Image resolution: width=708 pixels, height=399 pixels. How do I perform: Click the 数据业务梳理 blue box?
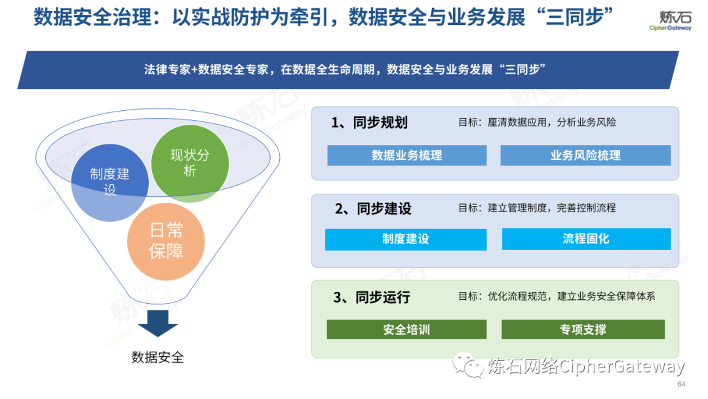point(407,156)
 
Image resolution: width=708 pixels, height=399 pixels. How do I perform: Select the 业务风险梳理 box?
point(585,156)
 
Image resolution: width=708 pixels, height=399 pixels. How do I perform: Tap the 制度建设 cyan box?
point(406,239)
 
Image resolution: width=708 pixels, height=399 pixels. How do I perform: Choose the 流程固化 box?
point(586,239)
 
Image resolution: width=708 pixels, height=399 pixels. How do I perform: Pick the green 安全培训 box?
point(406,329)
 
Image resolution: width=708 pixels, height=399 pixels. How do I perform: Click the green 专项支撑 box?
point(583,329)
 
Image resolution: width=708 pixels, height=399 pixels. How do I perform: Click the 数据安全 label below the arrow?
point(157,358)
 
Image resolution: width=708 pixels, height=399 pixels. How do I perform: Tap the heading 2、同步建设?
point(373,209)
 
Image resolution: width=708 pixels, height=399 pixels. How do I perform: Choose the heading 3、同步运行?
point(371,297)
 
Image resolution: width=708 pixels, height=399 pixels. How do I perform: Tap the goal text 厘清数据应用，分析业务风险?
point(551,123)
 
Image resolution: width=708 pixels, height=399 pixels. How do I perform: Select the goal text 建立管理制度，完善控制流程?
point(551,208)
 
